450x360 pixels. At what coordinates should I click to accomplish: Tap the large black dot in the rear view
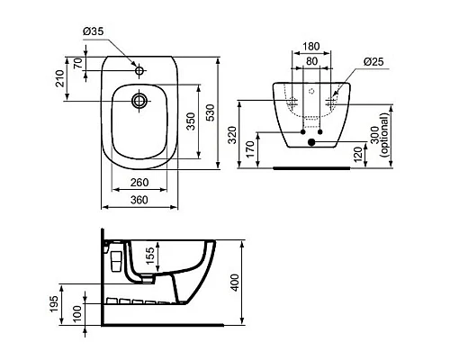311,141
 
